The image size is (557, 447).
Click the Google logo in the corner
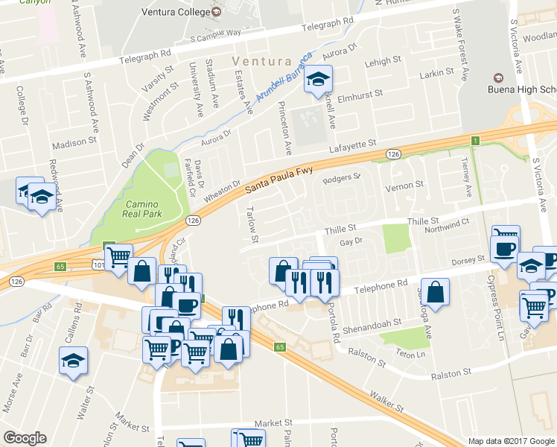click(x=25, y=438)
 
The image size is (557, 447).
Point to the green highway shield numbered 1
click(x=474, y=140)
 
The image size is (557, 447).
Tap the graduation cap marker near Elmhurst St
click(x=318, y=80)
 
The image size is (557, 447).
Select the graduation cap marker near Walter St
click(x=74, y=361)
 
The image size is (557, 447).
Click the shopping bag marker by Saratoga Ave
click(x=435, y=291)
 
